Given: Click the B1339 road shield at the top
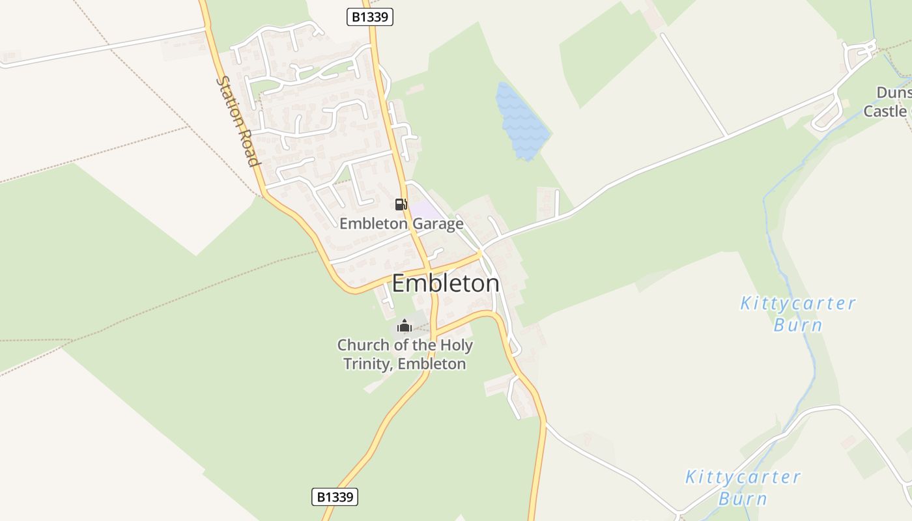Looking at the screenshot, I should (370, 17).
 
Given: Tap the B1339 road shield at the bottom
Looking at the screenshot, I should (335, 497).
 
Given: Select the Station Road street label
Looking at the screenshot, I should (238, 121).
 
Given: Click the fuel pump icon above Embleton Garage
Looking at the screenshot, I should (401, 204).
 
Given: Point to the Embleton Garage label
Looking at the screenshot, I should (401, 223).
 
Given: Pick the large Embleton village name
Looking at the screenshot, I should (446, 283).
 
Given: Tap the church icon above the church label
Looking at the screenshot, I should (405, 326).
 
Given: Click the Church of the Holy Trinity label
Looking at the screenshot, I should (405, 354).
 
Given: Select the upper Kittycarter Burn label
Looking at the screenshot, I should (797, 313).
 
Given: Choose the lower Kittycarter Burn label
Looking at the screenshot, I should (743, 487).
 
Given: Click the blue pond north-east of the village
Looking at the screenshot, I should (521, 122).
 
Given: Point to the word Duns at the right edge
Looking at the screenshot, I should (893, 92).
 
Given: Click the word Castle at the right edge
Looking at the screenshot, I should (885, 111).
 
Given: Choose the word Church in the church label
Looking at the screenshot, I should (361, 345).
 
